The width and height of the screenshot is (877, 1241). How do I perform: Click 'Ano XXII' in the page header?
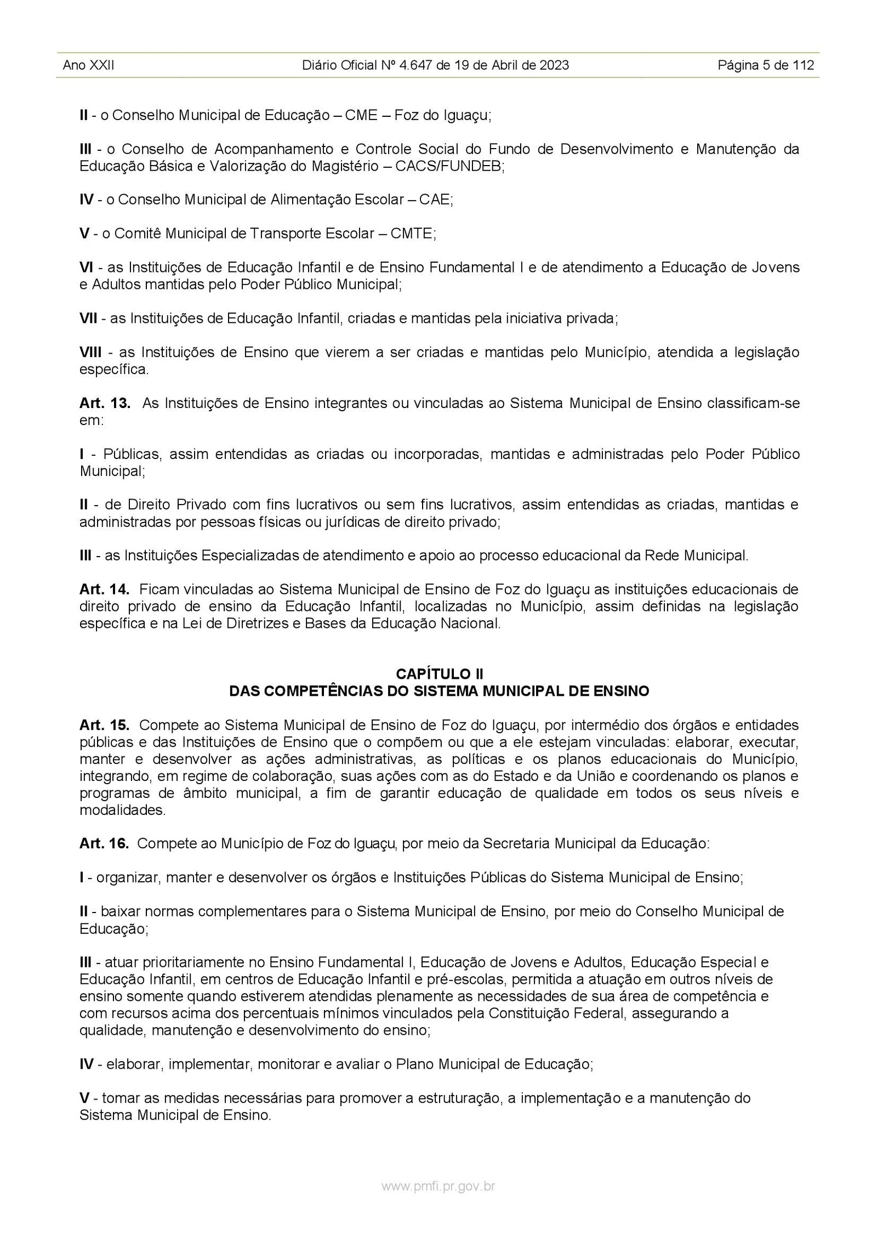[x=89, y=66]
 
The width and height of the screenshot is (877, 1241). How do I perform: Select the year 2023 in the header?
[x=554, y=66]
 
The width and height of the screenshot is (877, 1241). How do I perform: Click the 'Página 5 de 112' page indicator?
[x=766, y=66]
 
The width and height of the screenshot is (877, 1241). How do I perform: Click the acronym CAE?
[x=436, y=200]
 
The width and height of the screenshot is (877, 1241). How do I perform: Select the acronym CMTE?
[x=413, y=234]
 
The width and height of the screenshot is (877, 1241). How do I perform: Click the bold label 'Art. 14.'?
[x=105, y=590]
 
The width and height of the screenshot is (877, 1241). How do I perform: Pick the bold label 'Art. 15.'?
[x=105, y=725]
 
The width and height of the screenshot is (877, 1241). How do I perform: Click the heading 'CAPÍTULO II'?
[x=438, y=673]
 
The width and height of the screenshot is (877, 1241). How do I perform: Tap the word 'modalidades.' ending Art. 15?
[x=122, y=810]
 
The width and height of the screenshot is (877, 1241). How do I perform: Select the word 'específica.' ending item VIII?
[x=114, y=370]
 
